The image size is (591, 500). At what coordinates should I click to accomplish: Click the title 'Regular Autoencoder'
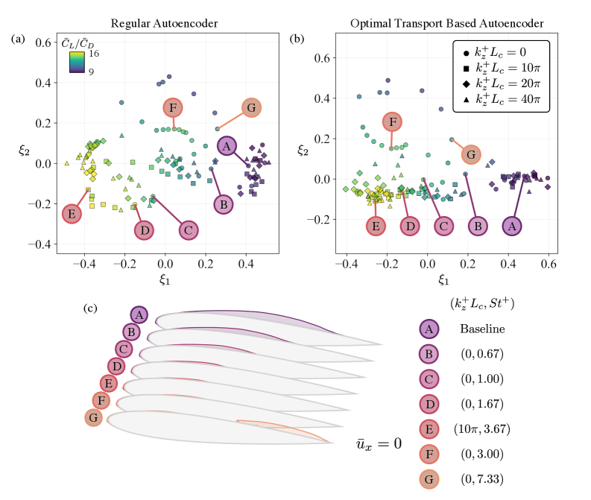pos(166,24)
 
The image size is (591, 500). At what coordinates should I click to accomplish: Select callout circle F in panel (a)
pos(172,107)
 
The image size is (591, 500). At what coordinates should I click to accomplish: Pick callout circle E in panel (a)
pos(72,215)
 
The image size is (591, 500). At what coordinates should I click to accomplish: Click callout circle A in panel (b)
pos(511,226)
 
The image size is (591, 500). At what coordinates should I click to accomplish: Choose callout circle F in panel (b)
pos(393,121)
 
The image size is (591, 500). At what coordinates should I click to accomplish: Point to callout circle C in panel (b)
pos(443,226)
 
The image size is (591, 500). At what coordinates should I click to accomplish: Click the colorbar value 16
pos(94,53)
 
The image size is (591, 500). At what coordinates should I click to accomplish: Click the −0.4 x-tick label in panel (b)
pos(344,266)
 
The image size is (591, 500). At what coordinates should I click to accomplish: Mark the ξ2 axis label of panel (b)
pos(303,151)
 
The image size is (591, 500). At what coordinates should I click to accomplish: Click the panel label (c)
pos(91,308)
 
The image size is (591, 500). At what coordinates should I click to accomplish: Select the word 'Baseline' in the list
pos(482,329)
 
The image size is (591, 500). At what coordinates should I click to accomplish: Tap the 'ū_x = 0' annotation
pos(379,444)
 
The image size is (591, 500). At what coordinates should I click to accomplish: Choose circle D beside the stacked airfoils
pos(116,366)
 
